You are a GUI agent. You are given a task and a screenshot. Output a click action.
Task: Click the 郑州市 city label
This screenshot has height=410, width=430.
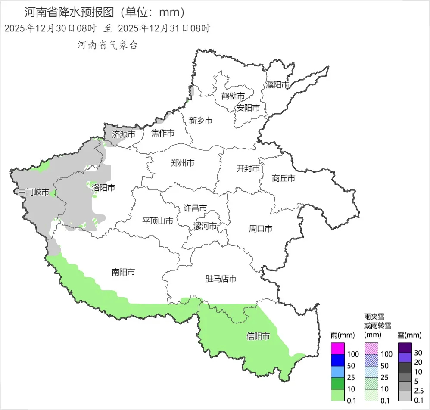(182, 163)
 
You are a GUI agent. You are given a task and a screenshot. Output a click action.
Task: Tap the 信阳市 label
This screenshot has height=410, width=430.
(258, 336)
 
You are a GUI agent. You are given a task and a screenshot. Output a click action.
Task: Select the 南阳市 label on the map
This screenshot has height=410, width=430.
(123, 272)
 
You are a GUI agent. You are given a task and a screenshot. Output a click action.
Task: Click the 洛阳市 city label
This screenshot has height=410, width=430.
(104, 188)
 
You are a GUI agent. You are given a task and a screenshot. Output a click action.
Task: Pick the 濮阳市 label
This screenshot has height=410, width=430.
(277, 85)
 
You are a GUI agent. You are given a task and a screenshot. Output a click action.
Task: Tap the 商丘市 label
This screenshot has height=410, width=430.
(284, 178)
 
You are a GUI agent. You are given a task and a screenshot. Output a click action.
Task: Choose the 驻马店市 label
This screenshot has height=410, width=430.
(221, 279)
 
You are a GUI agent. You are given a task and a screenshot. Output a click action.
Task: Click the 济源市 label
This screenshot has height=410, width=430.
(123, 134)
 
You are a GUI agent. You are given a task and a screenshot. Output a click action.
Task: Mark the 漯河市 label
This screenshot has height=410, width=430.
(205, 226)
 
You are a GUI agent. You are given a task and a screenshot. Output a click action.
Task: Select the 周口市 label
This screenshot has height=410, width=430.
(261, 229)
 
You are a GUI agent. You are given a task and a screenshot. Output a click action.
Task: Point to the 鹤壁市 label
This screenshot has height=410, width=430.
(233, 96)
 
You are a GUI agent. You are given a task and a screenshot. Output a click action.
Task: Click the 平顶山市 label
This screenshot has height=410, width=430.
(158, 221)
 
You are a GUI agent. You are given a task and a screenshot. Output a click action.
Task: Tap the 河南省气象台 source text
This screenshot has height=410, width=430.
(107, 45)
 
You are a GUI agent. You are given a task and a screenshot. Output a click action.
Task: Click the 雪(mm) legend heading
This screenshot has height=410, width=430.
(409, 335)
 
